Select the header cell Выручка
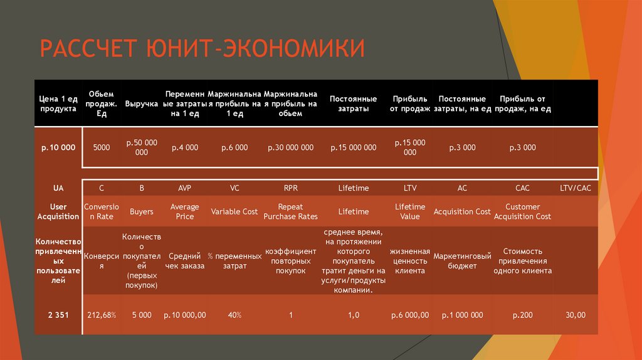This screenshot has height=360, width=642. click(141, 103)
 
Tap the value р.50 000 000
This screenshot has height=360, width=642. click(141, 147)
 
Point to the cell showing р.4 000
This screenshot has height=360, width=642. click(185, 147)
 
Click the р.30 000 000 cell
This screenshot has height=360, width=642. click(290, 147)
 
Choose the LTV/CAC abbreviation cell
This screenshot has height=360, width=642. click(576, 188)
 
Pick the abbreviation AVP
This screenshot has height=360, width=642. click(185, 188)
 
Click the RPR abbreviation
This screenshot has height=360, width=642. click(290, 188)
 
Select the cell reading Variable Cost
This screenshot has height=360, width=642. click(234, 211)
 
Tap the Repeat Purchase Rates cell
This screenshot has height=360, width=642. click(290, 211)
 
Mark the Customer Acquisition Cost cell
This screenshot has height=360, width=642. click(522, 211)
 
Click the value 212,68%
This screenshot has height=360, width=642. click(102, 315)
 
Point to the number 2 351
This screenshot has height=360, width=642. click(58, 315)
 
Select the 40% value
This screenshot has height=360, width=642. click(234, 315)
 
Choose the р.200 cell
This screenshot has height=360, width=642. click(522, 315)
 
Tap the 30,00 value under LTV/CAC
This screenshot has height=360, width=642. click(576, 315)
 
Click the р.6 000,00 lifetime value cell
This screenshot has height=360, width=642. click(410, 315)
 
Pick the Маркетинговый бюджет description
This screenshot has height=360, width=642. click(462, 261)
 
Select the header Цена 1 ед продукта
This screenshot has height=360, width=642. click(58, 103)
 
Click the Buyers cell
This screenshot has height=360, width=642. click(141, 211)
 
